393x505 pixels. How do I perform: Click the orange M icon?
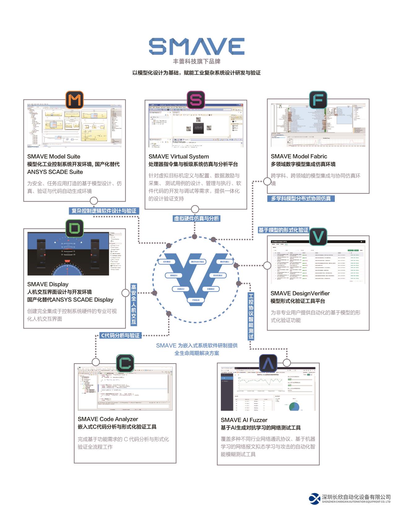(x=75, y=100)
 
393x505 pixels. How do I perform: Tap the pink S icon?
(x=196, y=100)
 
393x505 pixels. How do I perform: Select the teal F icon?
(x=318, y=100)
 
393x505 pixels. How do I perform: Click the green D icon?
(x=75, y=229)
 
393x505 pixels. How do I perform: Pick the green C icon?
(x=125, y=363)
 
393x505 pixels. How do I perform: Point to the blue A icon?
(x=268, y=363)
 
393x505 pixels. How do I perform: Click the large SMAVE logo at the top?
(x=196, y=46)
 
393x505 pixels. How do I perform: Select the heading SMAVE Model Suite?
(x=54, y=156)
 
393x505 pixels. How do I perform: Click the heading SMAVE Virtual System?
(x=179, y=156)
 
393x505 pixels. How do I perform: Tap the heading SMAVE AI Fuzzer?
(x=244, y=420)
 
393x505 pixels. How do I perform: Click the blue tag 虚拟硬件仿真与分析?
(x=196, y=218)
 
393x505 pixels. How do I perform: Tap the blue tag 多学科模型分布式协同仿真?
(x=301, y=198)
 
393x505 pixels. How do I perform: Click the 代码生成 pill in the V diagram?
(x=196, y=300)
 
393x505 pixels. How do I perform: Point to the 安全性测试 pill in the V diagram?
(x=218, y=275)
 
